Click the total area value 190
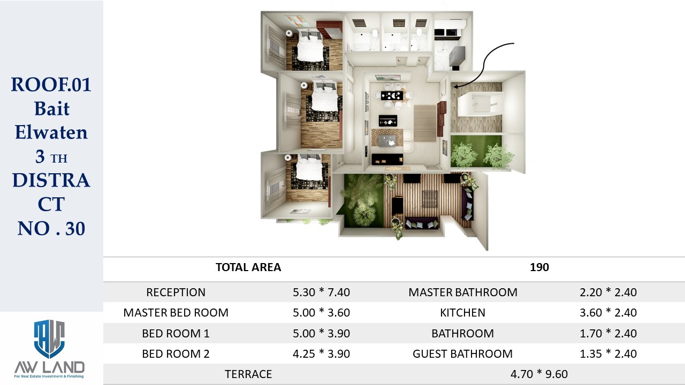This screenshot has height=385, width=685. (539, 267)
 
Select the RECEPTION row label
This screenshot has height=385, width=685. (176, 292)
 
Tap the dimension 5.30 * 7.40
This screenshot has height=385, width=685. (322, 292)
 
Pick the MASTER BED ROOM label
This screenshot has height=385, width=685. (176, 313)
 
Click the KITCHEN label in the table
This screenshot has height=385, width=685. (463, 313)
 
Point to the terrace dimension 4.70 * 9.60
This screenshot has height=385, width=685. (539, 374)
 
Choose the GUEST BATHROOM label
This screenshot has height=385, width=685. (463, 354)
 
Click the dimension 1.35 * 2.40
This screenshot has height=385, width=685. (608, 354)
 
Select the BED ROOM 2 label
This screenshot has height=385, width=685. (176, 354)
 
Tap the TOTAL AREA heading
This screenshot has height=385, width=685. (248, 267)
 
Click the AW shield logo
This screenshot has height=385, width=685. (49, 339)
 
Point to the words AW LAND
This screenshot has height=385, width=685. (50, 367)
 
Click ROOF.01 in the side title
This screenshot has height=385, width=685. (51, 84)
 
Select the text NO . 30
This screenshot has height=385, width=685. (51, 228)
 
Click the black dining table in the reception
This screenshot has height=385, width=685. (392, 96)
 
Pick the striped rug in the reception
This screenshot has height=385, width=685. (425, 123)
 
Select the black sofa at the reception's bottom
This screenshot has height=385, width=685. (387, 159)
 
